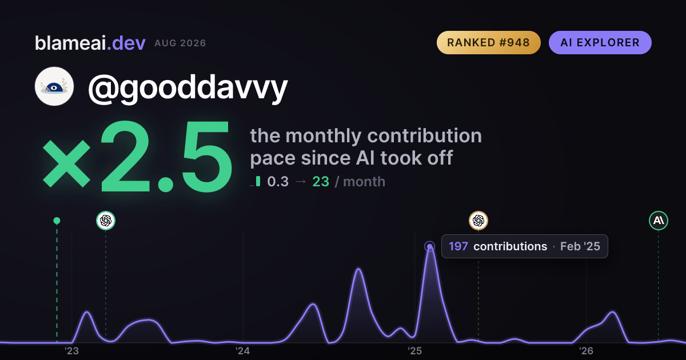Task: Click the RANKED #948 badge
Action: tap(488, 42)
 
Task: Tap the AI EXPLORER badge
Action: tap(600, 42)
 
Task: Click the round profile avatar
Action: tap(54, 86)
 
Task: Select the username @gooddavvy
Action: tap(188, 88)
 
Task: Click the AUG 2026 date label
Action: tap(180, 43)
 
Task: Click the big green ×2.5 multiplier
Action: tap(137, 157)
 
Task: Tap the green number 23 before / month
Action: tap(321, 182)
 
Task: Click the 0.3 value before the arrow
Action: tap(278, 182)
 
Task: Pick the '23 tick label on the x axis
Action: tap(71, 351)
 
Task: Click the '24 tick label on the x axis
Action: tap(243, 351)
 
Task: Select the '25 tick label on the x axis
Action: tap(414, 351)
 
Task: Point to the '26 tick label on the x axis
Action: tap(586, 351)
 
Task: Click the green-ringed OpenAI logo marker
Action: tap(106, 221)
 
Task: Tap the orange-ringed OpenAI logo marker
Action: tap(478, 221)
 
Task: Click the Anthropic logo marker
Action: tap(659, 221)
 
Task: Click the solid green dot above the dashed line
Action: tap(57, 221)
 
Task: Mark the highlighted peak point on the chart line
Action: tap(430, 246)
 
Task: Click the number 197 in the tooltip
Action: tap(458, 246)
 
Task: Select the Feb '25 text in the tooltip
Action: tap(580, 246)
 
